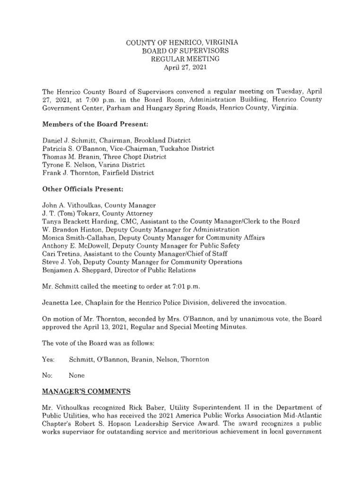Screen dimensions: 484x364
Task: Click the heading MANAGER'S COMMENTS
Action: tap(86, 392)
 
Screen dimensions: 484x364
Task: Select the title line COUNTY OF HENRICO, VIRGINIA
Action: tap(182, 43)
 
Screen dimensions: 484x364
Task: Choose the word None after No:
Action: tap(77, 376)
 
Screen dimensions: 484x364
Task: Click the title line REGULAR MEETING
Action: tap(182, 59)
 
